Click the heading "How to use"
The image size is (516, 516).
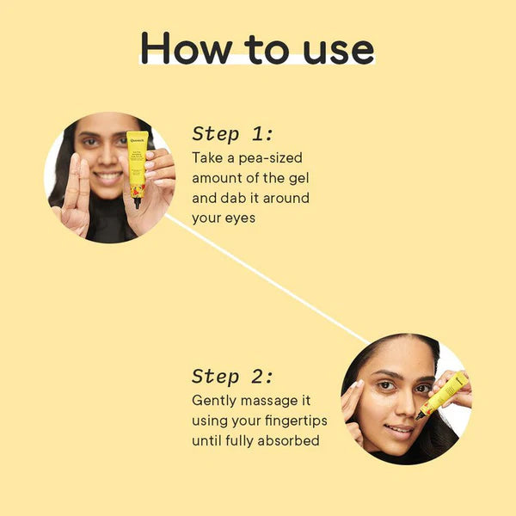pos(257,48)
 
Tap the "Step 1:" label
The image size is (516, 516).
pos(232,133)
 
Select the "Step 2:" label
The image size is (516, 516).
pos(232,376)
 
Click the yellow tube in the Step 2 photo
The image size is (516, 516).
pos(444,393)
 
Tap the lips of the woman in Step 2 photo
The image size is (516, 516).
pos(399,428)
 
